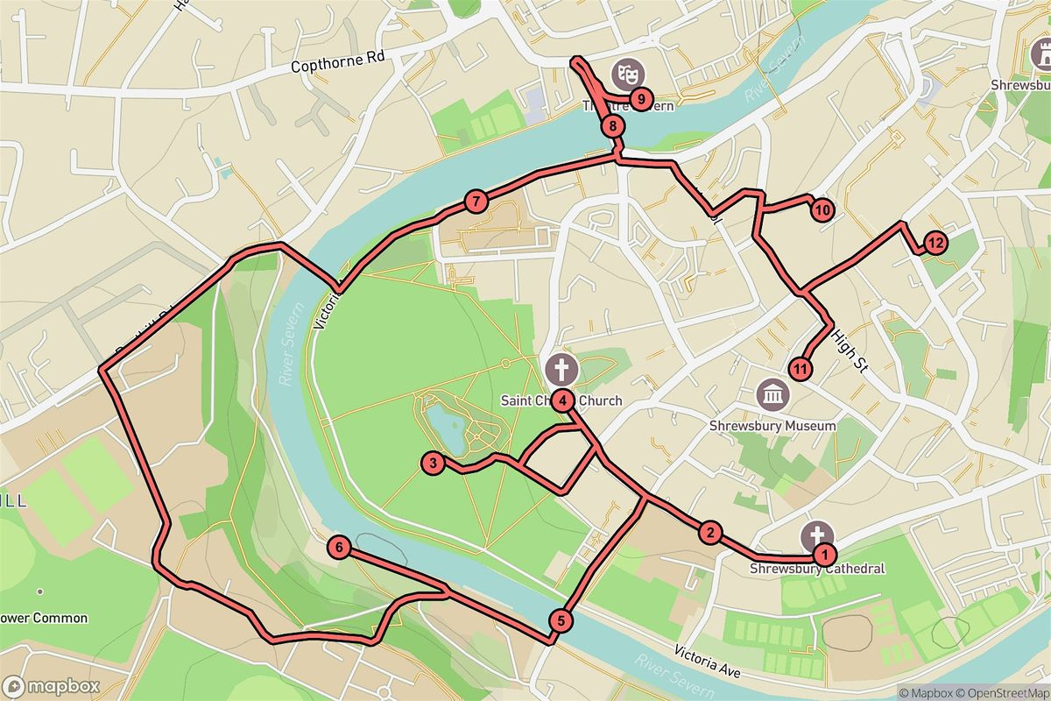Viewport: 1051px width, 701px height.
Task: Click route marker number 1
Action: tap(823, 555)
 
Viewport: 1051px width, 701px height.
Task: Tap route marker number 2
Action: tap(709, 532)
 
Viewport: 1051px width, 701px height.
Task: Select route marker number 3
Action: tap(432, 463)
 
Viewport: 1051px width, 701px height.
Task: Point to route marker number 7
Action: tap(475, 202)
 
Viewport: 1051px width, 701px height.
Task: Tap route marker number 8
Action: tap(614, 127)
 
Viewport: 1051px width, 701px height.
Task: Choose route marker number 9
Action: tap(641, 99)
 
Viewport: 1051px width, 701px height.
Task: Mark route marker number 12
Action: tap(935, 243)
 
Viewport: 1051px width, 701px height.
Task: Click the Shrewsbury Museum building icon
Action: tap(772, 394)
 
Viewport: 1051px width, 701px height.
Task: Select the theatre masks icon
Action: tap(625, 69)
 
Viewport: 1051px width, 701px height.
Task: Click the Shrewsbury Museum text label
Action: tap(772, 426)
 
